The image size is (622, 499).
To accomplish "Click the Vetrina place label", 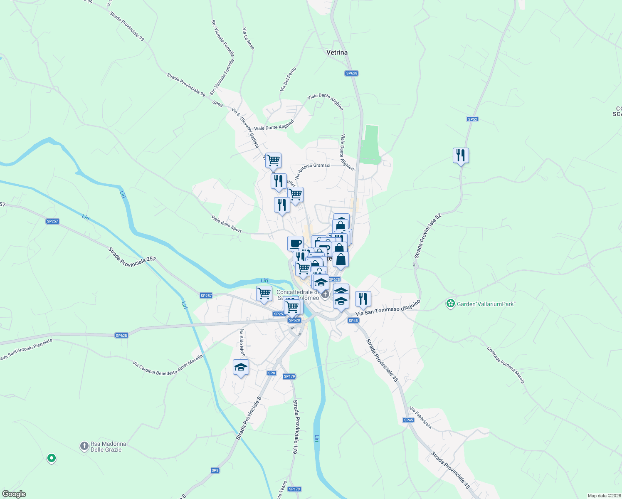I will pyautogui.click(x=337, y=52).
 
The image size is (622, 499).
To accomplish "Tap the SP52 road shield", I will pyautogui.click(x=472, y=119).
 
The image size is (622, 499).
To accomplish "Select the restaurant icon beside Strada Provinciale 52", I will pyautogui.click(x=461, y=156).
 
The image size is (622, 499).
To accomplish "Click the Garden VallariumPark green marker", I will pyautogui.click(x=450, y=304).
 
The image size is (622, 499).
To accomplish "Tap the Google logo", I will pyautogui.click(x=14, y=494).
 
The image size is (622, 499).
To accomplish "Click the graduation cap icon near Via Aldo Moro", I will pyautogui.click(x=241, y=368).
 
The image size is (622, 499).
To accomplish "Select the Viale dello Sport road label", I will pyautogui.click(x=226, y=224).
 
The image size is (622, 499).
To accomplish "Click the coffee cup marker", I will pyautogui.click(x=295, y=243).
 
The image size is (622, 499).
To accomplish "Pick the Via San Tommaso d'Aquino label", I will pyautogui.click(x=388, y=309).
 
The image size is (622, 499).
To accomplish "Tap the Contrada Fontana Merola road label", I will pyautogui.click(x=506, y=365).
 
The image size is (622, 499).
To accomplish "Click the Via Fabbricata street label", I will pyautogui.click(x=420, y=417).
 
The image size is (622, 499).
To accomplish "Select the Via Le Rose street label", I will pyautogui.click(x=248, y=39).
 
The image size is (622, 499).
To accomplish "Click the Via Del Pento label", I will pyautogui.click(x=288, y=79).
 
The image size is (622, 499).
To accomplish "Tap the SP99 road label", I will pyautogui.click(x=217, y=103).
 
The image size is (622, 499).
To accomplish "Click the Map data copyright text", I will pyautogui.click(x=604, y=496).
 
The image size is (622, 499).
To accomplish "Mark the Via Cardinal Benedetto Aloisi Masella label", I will pyautogui.click(x=168, y=365).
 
